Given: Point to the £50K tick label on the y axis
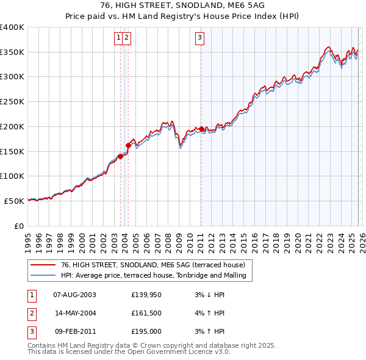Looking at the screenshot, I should (x=15, y=200).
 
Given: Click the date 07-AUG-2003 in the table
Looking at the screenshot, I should (x=74, y=295).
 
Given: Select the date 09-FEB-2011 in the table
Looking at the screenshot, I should (x=74, y=331).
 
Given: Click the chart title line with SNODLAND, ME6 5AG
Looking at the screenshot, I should (x=182, y=6).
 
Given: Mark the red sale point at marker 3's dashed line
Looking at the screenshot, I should (x=201, y=129).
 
